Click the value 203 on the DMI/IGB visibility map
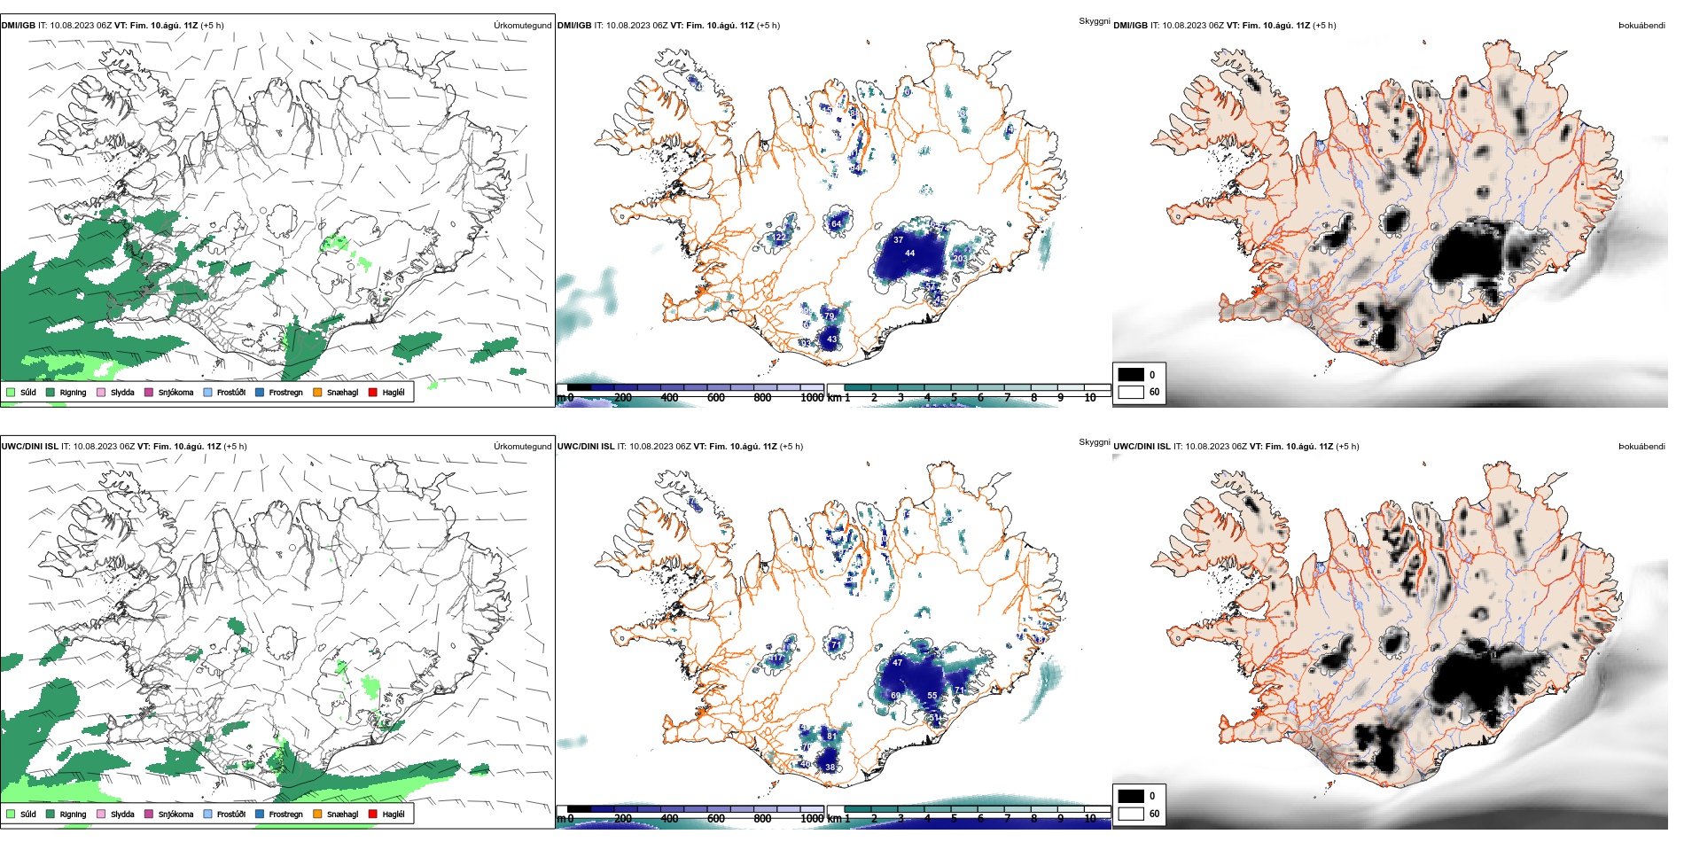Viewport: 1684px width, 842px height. pos(960,259)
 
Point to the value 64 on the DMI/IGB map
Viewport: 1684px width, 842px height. pos(836,224)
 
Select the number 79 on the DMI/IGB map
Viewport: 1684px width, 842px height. pos(830,316)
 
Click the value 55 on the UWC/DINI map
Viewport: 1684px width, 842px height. pos(932,696)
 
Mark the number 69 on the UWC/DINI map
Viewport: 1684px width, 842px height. pos(896,696)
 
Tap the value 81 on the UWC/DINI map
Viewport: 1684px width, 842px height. pos(831,736)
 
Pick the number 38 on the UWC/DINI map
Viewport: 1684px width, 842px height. pos(830,768)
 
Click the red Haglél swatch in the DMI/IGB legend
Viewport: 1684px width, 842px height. pos(373,392)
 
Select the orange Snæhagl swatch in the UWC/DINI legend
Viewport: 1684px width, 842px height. pos(317,814)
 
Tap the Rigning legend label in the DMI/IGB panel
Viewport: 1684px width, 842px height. pos(73,393)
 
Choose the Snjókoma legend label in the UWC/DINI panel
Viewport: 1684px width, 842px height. pos(175,815)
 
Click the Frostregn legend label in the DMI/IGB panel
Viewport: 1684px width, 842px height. pos(285,393)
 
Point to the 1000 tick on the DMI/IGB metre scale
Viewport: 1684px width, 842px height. pos(812,398)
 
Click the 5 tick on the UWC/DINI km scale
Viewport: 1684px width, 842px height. pos(954,819)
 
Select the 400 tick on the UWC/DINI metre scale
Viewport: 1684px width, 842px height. pos(669,819)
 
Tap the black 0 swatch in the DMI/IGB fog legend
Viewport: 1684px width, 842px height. pos(1131,375)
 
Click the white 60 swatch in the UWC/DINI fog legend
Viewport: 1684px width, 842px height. pos(1131,814)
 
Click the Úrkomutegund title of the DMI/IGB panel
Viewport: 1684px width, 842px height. pos(522,26)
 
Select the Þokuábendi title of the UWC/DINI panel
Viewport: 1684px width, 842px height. pos(1641,447)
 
